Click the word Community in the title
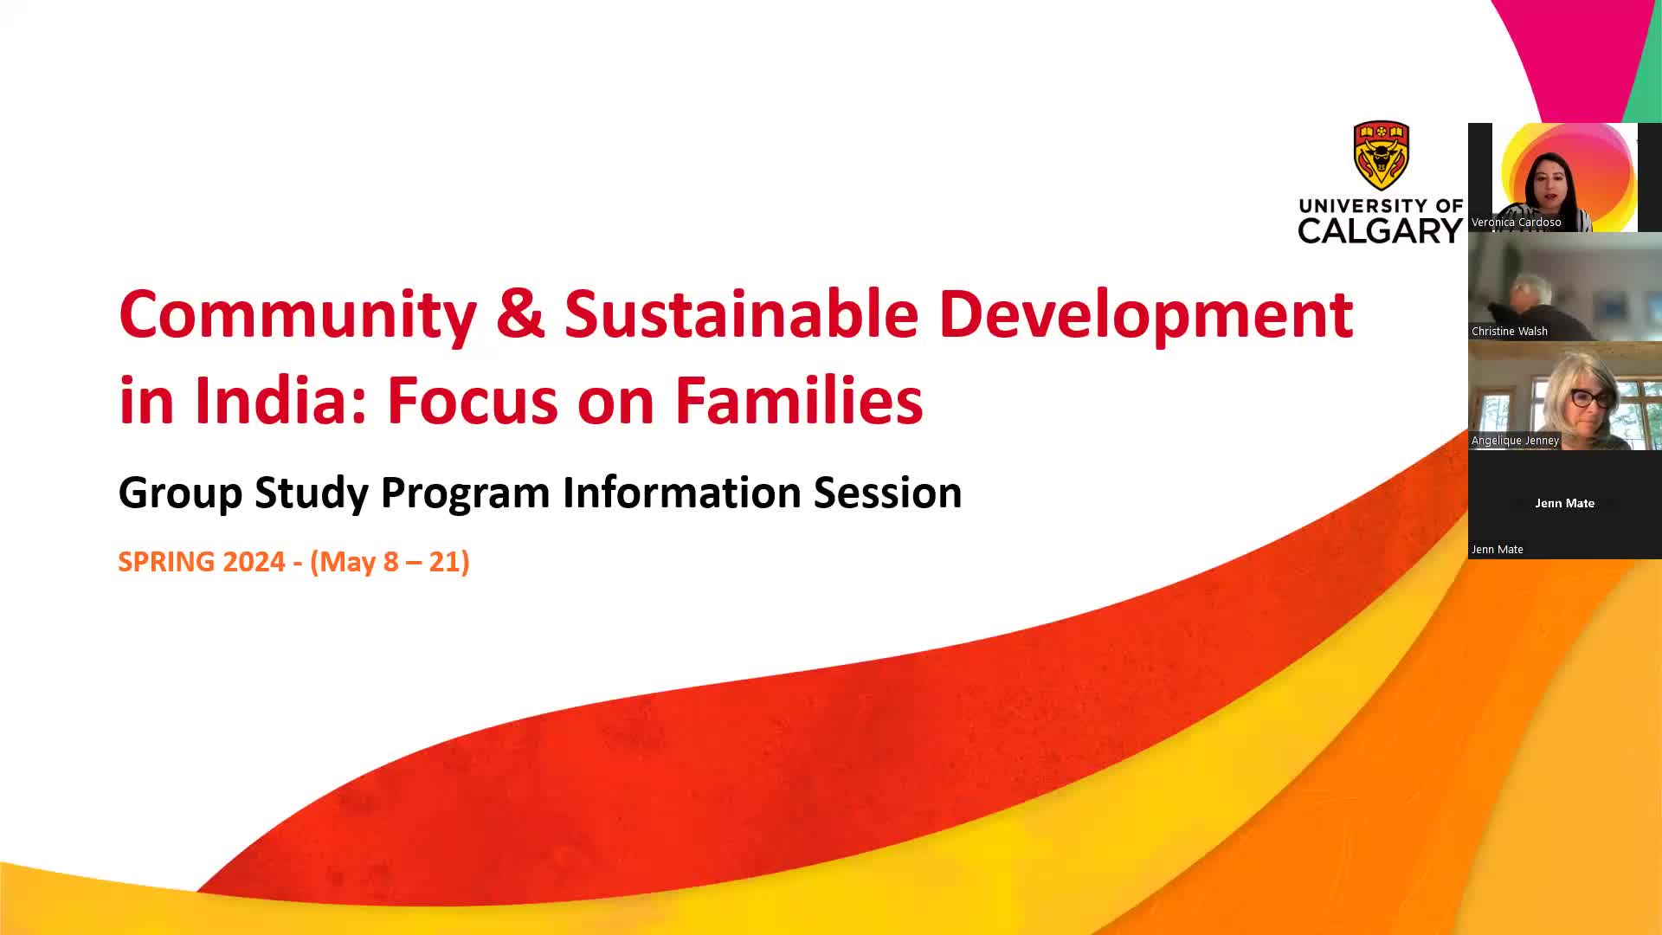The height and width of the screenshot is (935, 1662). click(298, 315)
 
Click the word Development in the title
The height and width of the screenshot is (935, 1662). click(1146, 315)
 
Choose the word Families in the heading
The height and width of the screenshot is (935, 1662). click(799, 400)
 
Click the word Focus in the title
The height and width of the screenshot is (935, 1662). click(472, 401)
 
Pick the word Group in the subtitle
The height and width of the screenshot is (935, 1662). click(180, 493)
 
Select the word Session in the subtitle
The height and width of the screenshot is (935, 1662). click(887, 492)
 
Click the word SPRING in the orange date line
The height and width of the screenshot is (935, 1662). click(166, 562)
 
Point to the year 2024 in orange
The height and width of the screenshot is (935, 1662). click(254, 562)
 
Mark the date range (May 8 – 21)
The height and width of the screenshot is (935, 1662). click(390, 562)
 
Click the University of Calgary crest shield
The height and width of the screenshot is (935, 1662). click(1381, 156)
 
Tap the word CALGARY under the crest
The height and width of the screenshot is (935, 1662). click(1381, 230)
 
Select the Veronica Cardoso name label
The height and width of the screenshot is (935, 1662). click(1516, 222)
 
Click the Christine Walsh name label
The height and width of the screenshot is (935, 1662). click(1509, 332)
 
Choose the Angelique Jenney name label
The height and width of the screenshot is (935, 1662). click(1515, 441)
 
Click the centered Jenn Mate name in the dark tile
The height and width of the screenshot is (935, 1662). click(1564, 503)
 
